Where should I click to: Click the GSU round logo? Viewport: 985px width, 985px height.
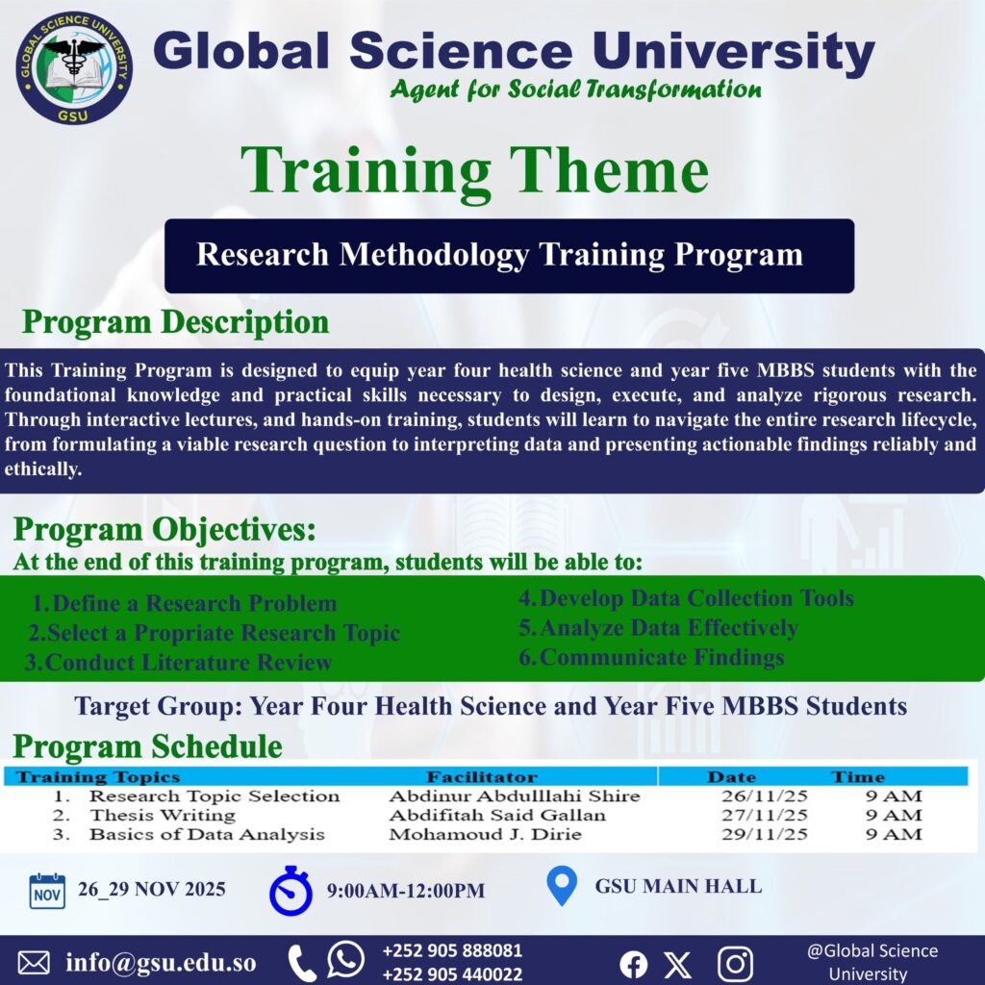pyautogui.click(x=74, y=67)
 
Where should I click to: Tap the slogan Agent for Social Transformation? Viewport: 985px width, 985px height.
pyautogui.click(x=575, y=89)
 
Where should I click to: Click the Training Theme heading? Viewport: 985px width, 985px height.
pyautogui.click(x=474, y=171)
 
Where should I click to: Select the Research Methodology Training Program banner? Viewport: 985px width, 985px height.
pyautogui.click(x=509, y=256)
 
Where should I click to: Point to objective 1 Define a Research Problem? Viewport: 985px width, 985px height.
pyautogui.click(x=184, y=603)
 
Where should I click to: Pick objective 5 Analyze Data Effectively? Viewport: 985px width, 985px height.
pyautogui.click(x=658, y=627)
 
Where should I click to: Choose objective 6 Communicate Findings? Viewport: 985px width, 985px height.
pyautogui.click(x=651, y=657)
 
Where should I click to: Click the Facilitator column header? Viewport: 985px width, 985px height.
pyautogui.click(x=482, y=777)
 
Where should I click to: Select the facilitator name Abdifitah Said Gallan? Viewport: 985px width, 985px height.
pyautogui.click(x=497, y=816)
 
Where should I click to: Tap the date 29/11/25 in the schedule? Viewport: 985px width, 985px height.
pyautogui.click(x=764, y=834)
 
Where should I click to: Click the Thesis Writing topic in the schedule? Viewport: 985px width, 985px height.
pyautogui.click(x=162, y=816)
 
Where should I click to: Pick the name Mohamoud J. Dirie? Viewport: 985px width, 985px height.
pyautogui.click(x=485, y=834)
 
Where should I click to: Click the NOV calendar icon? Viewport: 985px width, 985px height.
pyautogui.click(x=47, y=891)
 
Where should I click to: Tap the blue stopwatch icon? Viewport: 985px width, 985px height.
pyautogui.click(x=290, y=891)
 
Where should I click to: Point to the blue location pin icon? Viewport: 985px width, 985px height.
pyautogui.click(x=562, y=886)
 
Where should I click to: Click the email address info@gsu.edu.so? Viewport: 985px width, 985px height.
pyautogui.click(x=161, y=963)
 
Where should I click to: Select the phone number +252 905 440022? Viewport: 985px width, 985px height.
pyautogui.click(x=452, y=974)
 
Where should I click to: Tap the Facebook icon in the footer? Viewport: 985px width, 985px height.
pyautogui.click(x=633, y=964)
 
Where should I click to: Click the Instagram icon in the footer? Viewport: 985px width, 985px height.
pyautogui.click(x=735, y=964)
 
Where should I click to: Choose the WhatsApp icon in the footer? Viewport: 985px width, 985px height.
pyautogui.click(x=345, y=959)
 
